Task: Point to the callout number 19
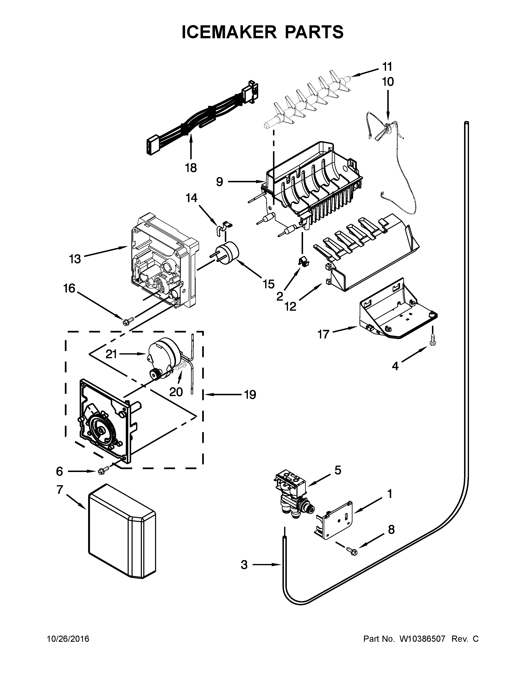coord(250,395)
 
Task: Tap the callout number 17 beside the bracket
coord(323,335)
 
